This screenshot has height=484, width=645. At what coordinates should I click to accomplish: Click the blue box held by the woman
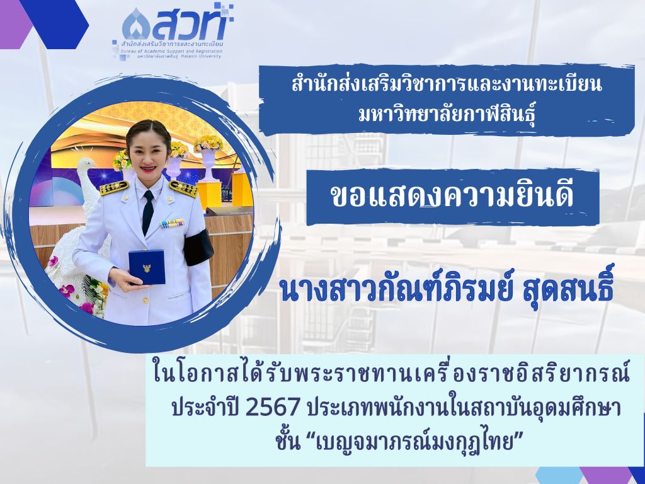[147, 267]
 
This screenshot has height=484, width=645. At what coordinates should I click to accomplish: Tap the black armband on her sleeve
[198, 247]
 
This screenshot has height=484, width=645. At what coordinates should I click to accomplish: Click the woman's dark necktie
[147, 212]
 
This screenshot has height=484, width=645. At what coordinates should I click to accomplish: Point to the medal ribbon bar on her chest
[171, 224]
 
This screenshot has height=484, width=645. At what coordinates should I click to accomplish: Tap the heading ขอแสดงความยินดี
[452, 196]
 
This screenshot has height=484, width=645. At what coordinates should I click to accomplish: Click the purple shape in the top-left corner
[13, 23]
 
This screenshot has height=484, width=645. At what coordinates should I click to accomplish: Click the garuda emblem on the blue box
[146, 268]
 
